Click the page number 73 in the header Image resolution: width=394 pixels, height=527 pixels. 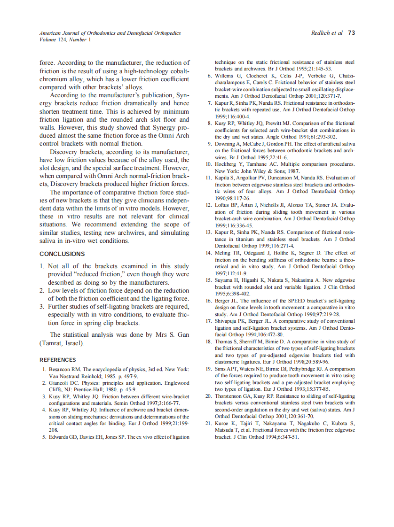[351, 33]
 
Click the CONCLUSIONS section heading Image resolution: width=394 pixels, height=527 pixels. [62, 254]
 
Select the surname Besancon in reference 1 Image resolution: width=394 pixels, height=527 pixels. [62, 370]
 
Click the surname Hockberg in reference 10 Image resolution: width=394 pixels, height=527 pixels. [227, 164]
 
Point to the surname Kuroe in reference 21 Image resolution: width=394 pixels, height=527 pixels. [223, 424]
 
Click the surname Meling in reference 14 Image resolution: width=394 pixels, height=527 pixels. [224, 253]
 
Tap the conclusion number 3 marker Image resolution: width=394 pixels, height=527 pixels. [42, 307]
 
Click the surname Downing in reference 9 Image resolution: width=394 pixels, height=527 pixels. [226, 144]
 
